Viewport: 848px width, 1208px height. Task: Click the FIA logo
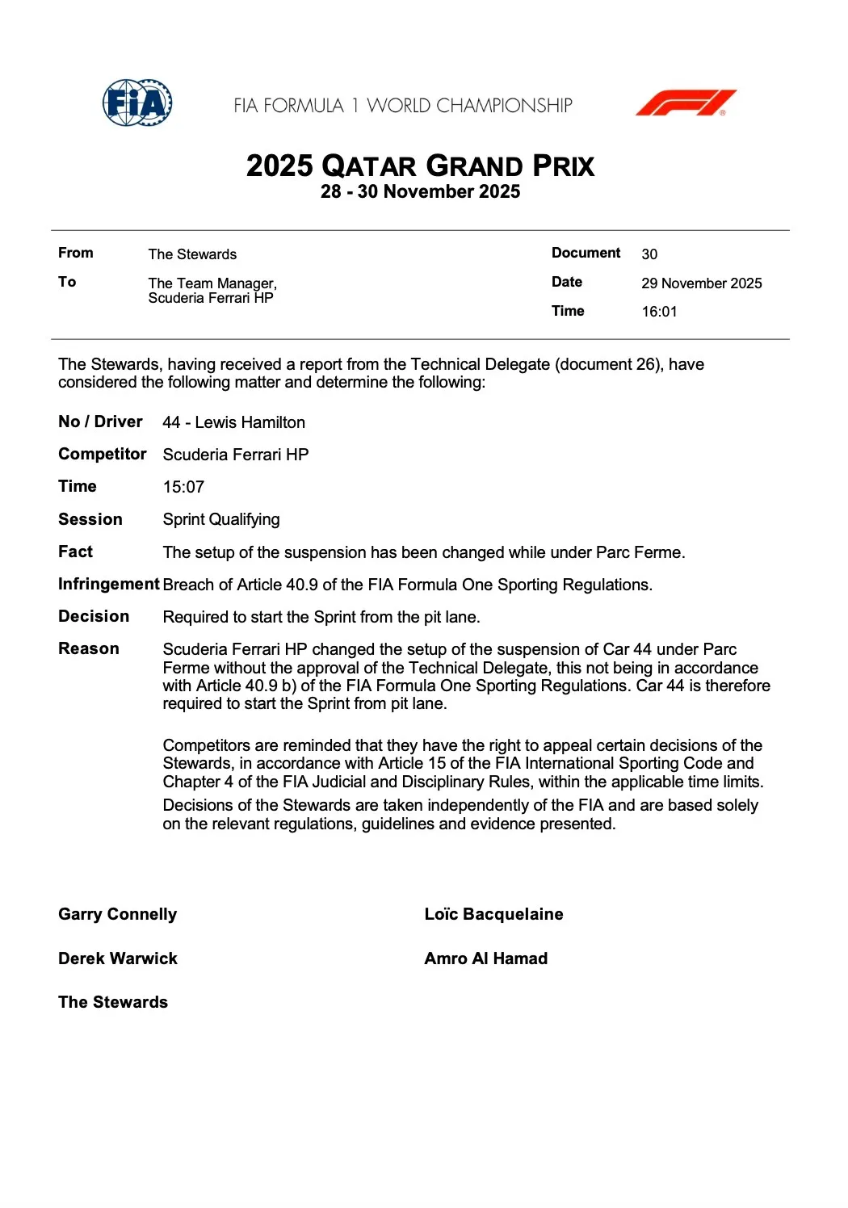pos(137,103)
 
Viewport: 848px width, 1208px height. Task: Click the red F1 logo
pos(686,103)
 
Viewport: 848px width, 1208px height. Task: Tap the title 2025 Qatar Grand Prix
pos(420,166)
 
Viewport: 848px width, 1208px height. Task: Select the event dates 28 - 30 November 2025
pos(420,192)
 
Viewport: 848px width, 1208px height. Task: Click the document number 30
pos(649,254)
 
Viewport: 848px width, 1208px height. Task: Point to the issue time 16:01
pos(659,312)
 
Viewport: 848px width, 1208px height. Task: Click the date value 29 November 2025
pos(701,283)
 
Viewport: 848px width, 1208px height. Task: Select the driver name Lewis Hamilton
pos(250,422)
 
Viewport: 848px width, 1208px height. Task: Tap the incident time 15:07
pos(183,487)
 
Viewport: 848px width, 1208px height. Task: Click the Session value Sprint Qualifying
pos(221,519)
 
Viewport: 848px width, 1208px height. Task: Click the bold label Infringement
pos(108,584)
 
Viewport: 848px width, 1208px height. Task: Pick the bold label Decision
pos(94,616)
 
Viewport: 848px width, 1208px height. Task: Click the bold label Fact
pos(75,552)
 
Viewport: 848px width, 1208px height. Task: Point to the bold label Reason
pos(88,648)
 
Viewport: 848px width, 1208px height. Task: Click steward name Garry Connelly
pos(117,914)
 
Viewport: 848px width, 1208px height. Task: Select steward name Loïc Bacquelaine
pos(493,914)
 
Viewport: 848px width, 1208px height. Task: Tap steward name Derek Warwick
pos(117,958)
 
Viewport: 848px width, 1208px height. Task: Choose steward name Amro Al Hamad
pos(485,958)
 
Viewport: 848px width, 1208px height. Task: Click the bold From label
pos(75,253)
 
